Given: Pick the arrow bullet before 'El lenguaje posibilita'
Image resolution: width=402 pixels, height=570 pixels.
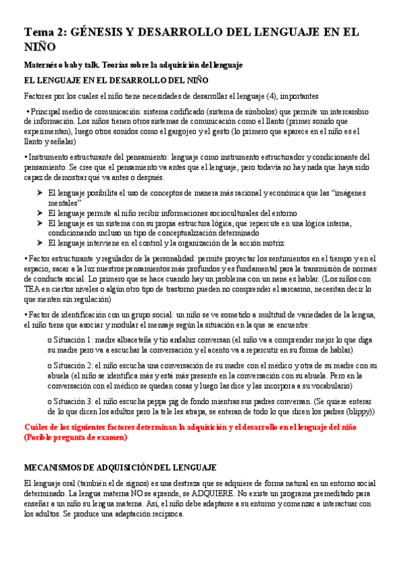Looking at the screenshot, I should coord(40,193).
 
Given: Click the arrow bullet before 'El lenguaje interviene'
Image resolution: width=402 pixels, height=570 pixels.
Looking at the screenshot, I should coord(40,243).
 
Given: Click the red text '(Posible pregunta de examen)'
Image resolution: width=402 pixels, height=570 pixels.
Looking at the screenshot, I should coord(84,437).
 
